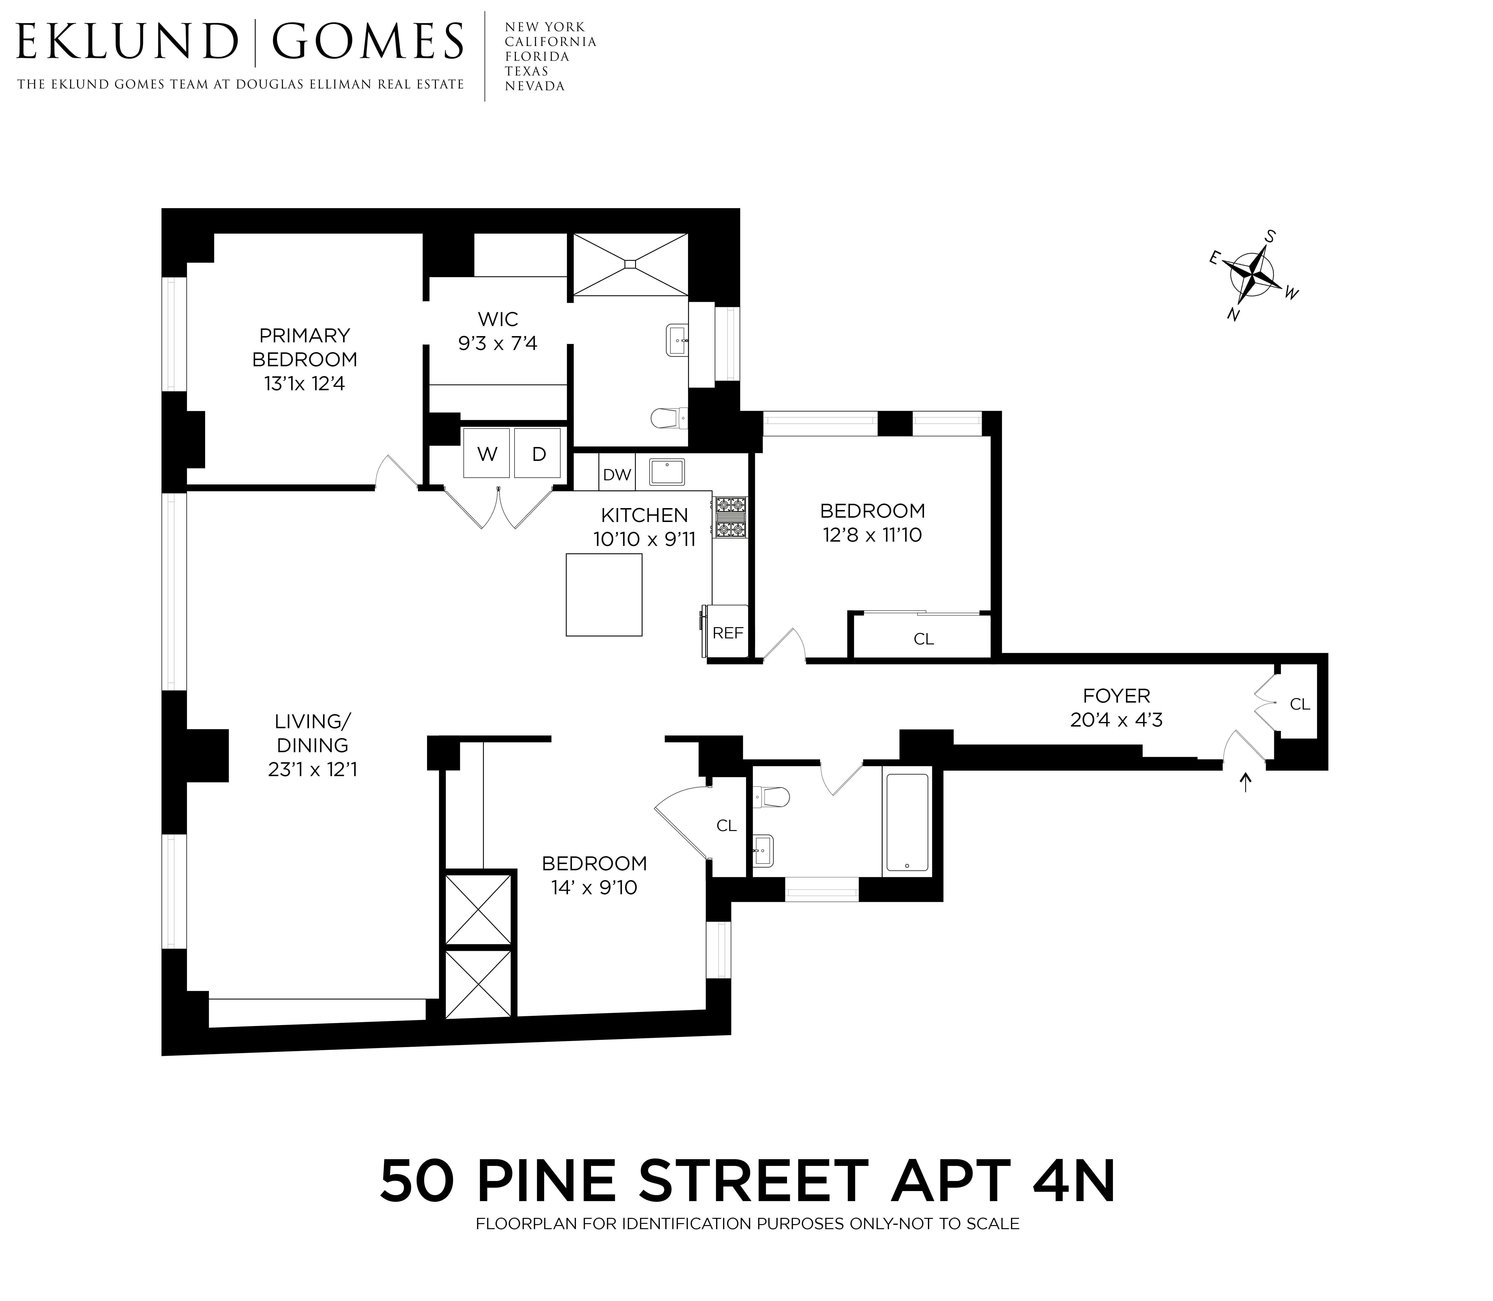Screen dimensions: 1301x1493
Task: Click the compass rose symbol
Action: tap(1253, 277)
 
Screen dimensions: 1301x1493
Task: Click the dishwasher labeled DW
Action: tap(617, 475)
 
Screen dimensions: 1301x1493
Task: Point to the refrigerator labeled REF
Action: tap(728, 632)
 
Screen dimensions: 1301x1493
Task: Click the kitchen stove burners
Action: tap(730, 517)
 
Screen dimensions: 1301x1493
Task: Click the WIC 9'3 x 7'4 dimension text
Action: tap(498, 344)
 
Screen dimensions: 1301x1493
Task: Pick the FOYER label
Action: tap(1116, 695)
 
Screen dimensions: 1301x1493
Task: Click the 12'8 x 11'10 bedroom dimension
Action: tap(872, 535)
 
